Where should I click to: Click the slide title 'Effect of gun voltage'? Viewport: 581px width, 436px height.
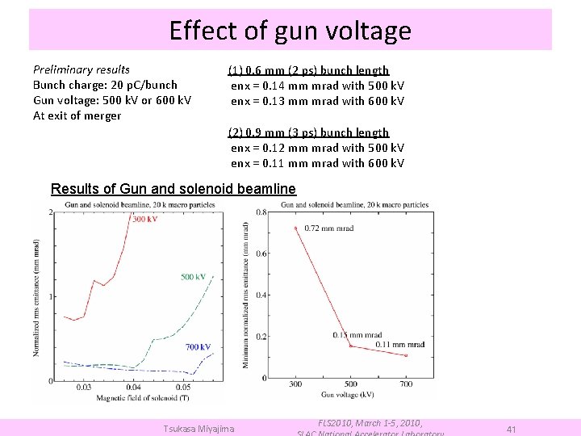(290, 31)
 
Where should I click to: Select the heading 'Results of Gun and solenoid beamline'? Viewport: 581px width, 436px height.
(173, 189)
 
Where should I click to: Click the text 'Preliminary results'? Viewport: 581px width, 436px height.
(81, 69)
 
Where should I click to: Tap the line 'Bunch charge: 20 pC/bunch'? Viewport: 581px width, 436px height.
(105, 85)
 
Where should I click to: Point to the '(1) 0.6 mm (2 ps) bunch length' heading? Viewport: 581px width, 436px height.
(308, 70)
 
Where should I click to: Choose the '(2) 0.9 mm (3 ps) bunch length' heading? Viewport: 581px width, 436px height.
(308, 132)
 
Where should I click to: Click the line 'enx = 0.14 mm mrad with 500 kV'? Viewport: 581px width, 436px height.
(317, 86)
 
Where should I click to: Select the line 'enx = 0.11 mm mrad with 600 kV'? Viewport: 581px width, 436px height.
(317, 163)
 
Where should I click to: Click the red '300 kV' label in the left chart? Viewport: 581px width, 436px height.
(144, 219)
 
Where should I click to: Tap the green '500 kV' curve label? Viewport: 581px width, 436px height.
(193, 277)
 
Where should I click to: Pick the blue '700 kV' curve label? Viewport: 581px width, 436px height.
(198, 347)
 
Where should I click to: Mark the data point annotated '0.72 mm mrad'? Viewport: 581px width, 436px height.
(296, 228)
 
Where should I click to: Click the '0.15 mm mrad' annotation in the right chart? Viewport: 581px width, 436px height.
(357, 335)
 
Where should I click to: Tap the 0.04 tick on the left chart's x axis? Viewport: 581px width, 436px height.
(133, 388)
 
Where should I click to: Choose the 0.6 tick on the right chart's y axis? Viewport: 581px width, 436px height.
(262, 254)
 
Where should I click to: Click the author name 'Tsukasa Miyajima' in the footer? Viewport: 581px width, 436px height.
(199, 429)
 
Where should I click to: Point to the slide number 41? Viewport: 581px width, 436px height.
(511, 430)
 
